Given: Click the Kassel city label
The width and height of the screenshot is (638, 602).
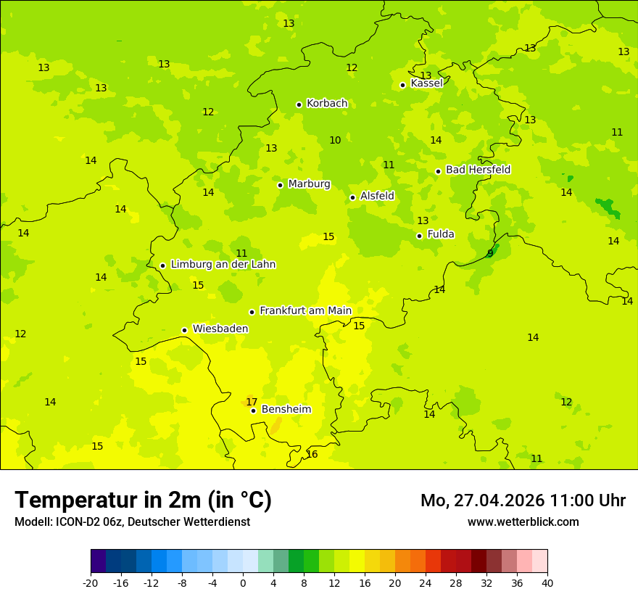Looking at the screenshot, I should coord(426,83).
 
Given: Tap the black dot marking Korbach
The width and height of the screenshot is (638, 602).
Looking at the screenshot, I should coord(299,104).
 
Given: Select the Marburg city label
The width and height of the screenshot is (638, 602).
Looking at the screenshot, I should coord(309,184).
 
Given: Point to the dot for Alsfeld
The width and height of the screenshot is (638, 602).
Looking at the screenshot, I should coord(352,197).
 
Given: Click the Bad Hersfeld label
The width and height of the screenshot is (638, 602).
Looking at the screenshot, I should coord(478,170).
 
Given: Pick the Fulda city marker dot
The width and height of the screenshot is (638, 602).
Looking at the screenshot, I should coord(419,236).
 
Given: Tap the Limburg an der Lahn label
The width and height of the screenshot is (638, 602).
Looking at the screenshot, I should coord(223,265).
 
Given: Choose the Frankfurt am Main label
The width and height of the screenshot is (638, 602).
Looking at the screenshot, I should coord(305,310).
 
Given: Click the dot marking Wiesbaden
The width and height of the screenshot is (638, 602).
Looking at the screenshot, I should coord(184,330).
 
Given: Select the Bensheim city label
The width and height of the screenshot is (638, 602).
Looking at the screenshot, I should coord(286,409).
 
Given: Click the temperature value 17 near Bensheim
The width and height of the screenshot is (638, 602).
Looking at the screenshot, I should coord(252,402).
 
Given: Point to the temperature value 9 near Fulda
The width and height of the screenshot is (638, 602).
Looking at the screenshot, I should coord(490,253).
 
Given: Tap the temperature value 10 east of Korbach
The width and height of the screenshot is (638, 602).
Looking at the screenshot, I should coord(335,140).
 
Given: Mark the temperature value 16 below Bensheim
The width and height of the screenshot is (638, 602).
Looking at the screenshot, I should coord(312,454).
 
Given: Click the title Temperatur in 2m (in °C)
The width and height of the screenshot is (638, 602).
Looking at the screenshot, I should coord(143,500).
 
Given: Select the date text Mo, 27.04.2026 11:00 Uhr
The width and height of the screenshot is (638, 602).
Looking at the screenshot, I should coord(523,500).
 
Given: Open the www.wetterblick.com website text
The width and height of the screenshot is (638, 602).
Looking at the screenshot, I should coord(523,521).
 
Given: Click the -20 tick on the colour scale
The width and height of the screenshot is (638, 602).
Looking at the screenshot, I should coord(91,583).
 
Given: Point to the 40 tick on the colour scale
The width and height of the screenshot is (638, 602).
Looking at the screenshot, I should coord(547,583).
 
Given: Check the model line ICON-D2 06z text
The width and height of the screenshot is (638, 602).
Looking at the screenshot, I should coord(132,521).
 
